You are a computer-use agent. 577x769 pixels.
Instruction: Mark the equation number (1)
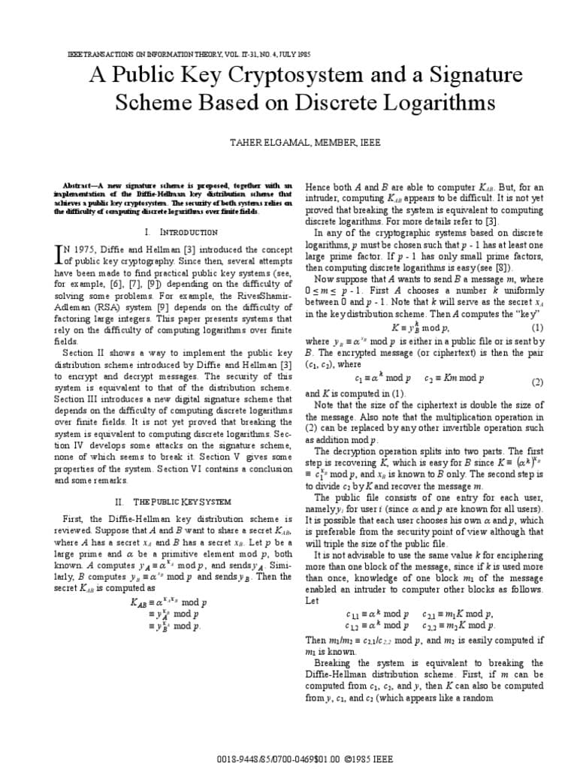click(537, 328)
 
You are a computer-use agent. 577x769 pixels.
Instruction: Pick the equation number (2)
click(537, 382)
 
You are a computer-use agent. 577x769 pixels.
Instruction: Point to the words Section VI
click(216, 469)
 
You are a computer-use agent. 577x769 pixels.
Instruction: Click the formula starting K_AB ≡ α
click(168, 602)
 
